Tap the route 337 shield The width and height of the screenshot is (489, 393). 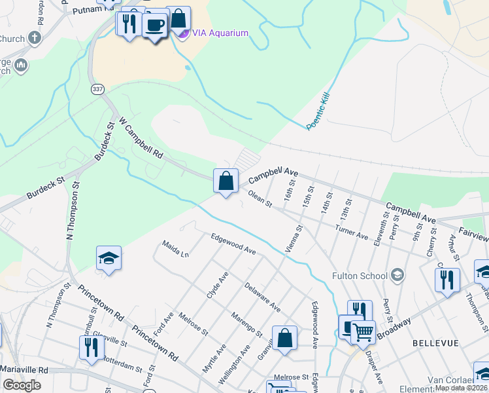click(x=97, y=88)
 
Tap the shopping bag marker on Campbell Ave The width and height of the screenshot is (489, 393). click(x=226, y=181)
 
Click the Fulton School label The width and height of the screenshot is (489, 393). click(x=360, y=276)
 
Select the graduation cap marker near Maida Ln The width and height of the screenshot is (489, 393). click(x=109, y=259)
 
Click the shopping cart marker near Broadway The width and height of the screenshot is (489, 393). click(x=363, y=332)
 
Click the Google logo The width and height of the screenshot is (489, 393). click(x=22, y=385)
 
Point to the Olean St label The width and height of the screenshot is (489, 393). click(x=260, y=199)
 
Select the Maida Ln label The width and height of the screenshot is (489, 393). click(x=175, y=250)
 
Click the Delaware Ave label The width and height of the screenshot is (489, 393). click(x=262, y=297)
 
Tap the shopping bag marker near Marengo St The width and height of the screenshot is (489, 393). click(x=284, y=339)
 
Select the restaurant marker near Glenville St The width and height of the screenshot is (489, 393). click(x=91, y=347)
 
